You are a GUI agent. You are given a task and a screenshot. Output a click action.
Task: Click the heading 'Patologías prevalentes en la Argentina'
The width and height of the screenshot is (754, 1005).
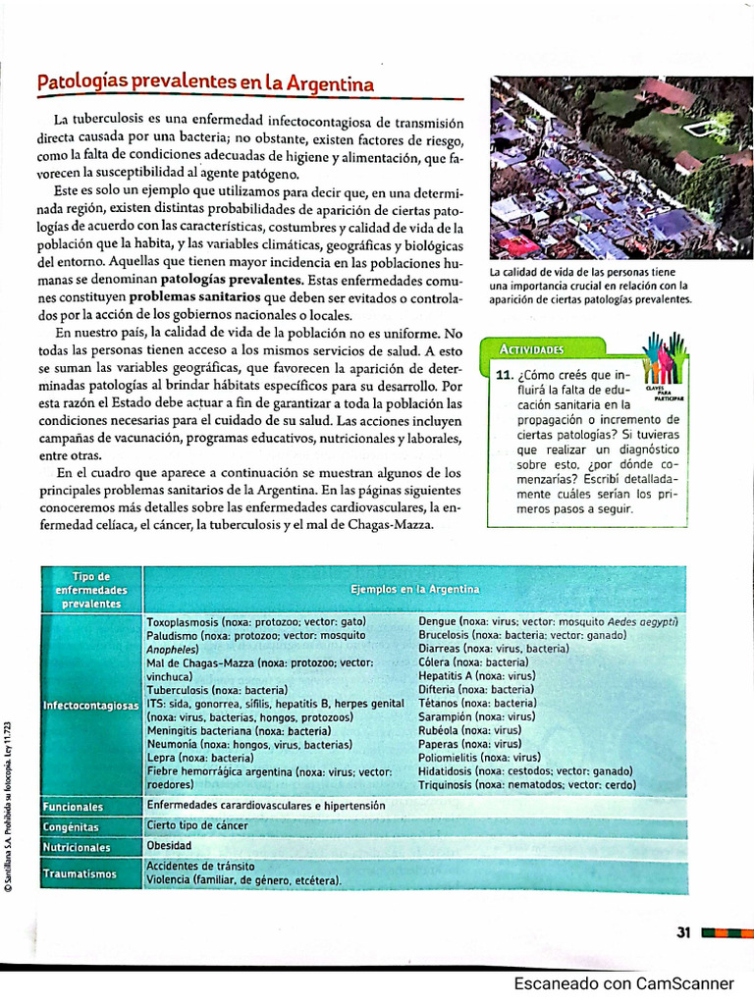pyautogui.click(x=205, y=83)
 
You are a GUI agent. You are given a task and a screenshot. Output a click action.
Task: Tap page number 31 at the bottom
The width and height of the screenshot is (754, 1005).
pyautogui.click(x=684, y=932)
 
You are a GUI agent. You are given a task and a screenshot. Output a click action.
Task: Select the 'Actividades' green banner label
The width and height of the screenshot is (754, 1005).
pyautogui.click(x=531, y=349)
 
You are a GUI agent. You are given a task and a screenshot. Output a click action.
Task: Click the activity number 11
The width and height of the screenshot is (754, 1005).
pyautogui.click(x=505, y=376)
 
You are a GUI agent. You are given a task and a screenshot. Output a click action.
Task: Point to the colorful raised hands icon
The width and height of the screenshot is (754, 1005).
pyautogui.click(x=663, y=358)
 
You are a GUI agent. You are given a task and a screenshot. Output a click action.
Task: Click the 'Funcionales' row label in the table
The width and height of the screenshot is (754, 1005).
pyautogui.click(x=73, y=807)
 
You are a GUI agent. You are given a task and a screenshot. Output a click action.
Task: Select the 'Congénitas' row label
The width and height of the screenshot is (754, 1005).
pyautogui.click(x=71, y=827)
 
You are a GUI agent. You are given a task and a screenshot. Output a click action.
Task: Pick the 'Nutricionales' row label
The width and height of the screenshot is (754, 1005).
pyautogui.click(x=77, y=847)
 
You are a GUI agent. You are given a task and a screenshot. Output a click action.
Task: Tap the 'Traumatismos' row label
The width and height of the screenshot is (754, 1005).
pyautogui.click(x=80, y=873)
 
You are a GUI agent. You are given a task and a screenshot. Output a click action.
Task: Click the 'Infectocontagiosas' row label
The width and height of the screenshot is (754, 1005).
pyautogui.click(x=91, y=707)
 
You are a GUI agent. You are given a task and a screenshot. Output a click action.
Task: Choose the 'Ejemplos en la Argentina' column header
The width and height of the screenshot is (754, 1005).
pyautogui.click(x=414, y=589)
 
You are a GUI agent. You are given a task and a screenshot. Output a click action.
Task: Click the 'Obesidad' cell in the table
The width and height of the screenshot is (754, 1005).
pyautogui.click(x=169, y=845)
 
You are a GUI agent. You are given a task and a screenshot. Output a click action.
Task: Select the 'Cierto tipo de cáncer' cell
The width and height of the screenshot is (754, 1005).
pyautogui.click(x=196, y=825)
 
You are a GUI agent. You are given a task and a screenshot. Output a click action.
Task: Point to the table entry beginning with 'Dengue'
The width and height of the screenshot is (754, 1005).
pyautogui.click(x=549, y=621)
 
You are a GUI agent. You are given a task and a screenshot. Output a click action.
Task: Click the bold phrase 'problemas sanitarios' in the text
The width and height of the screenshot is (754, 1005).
pyautogui.click(x=194, y=295)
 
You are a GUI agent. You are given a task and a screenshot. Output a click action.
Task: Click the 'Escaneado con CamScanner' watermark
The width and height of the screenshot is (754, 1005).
pyautogui.click(x=623, y=983)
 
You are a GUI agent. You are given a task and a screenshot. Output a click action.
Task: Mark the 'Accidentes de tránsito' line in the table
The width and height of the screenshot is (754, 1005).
pyautogui.click(x=200, y=867)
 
